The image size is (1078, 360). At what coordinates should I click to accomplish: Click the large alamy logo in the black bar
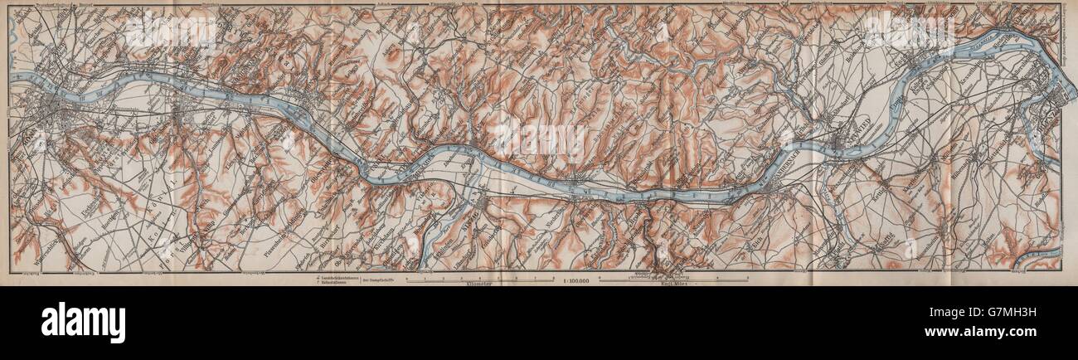click(83, 322)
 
